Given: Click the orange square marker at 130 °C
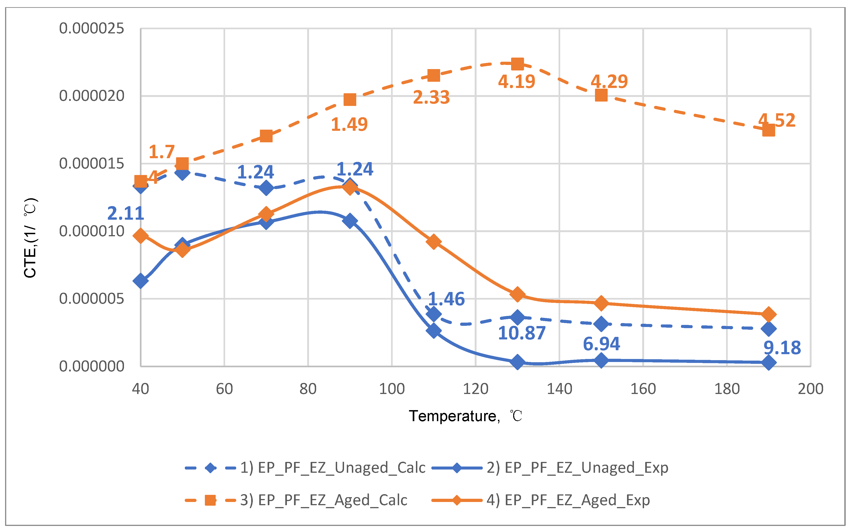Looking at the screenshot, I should click(x=517, y=64).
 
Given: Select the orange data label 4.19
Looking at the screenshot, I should click(x=516, y=82).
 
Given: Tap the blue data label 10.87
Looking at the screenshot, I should click(x=521, y=333).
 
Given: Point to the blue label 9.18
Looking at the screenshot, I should click(x=782, y=348).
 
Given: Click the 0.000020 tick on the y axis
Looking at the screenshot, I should click(x=91, y=96).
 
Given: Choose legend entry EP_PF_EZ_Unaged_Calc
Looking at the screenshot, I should click(x=332, y=467).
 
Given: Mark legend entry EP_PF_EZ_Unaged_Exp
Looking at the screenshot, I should click(x=577, y=467).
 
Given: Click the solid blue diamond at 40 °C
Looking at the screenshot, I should click(x=141, y=281).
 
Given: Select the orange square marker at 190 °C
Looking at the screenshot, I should click(x=769, y=130).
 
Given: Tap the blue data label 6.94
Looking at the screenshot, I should click(x=601, y=344).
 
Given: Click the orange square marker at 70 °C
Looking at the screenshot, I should click(x=266, y=136).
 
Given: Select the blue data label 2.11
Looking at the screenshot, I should click(x=125, y=213).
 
